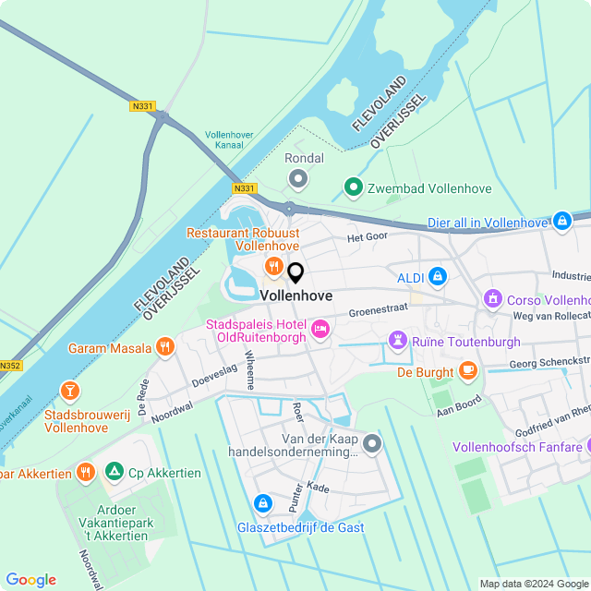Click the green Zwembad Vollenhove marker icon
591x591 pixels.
[353, 187]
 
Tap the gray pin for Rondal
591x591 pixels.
[298, 177]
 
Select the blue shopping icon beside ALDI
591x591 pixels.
[438, 276]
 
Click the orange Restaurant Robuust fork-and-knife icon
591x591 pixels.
[273, 267]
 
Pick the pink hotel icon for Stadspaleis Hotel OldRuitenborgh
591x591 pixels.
[320, 329]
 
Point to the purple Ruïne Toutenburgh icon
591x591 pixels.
[398, 341]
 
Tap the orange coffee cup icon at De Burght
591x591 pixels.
[468, 371]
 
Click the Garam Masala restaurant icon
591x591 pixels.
[165, 347]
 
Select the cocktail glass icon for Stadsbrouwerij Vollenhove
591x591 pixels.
[68, 392]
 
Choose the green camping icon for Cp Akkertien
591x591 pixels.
[115, 472]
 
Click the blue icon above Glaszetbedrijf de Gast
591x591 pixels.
[263, 503]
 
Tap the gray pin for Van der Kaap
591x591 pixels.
[372, 444]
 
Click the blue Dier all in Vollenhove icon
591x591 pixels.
[561, 222]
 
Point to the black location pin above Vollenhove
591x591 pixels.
[295, 272]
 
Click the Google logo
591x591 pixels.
[31, 579]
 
